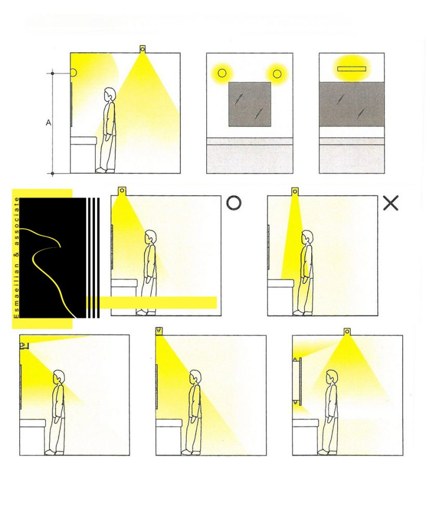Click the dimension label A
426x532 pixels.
coord(48,123)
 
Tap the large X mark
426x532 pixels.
coord(390,203)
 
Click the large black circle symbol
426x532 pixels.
coord(234,203)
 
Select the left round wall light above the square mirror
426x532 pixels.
coord(222,73)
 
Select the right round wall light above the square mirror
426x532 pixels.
coord(277,73)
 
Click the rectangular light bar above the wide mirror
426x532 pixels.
coord(352,69)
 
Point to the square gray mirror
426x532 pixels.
coord(250,104)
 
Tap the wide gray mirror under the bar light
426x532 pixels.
coord(352,104)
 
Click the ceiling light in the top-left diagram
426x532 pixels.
coord(142,48)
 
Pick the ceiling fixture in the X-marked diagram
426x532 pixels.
coord(295,192)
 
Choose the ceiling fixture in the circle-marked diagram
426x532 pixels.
coord(122,191)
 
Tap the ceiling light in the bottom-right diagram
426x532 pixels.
coord(348,331)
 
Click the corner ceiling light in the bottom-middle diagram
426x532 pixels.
coord(158,330)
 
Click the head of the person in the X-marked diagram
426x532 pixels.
coord(307,237)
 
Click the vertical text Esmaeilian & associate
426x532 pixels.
coord(16,258)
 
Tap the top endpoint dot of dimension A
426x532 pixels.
coord(52,73)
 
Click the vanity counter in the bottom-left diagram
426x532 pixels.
coord(33,423)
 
